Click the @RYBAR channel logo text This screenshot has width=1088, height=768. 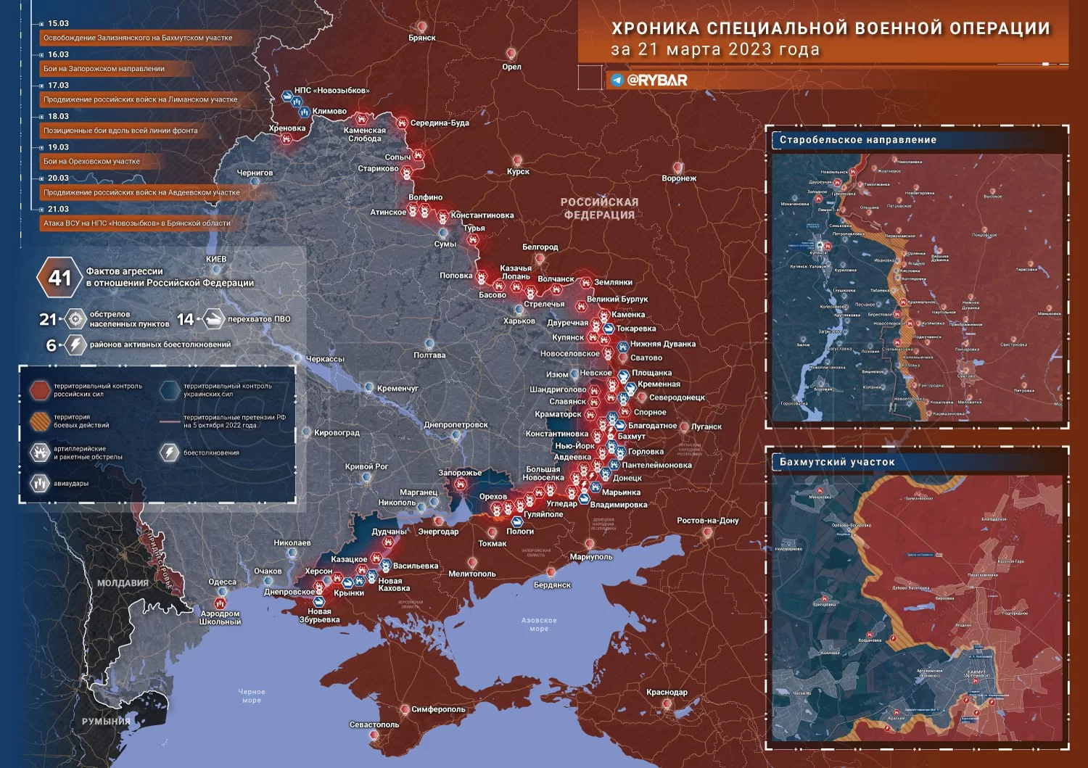tap(656, 80)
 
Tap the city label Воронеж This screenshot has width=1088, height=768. tap(679, 178)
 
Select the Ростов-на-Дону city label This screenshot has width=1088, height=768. tap(707, 521)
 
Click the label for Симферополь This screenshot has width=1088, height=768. tap(438, 709)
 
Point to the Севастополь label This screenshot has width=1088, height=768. tap(374, 724)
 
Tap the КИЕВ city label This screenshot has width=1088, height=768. tap(216, 259)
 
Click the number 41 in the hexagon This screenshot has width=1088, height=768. tap(59, 278)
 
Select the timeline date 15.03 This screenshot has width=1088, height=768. tap(58, 24)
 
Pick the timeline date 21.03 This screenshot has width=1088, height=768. tap(58, 209)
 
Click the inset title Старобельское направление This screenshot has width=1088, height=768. tap(858, 140)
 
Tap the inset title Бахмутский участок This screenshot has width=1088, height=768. tap(837, 462)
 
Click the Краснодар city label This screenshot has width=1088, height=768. tap(667, 693)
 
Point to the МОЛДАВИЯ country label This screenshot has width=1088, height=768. tap(123, 583)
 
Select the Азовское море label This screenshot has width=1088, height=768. tap(539, 624)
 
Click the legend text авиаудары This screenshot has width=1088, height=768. tap(71, 483)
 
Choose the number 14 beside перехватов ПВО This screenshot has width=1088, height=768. tap(185, 319)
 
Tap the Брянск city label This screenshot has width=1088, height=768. tap(422, 38)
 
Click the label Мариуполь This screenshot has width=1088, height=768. tap(591, 557)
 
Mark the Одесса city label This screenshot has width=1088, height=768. tap(222, 582)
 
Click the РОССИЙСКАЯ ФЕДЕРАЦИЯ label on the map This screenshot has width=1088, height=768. tap(599, 208)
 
